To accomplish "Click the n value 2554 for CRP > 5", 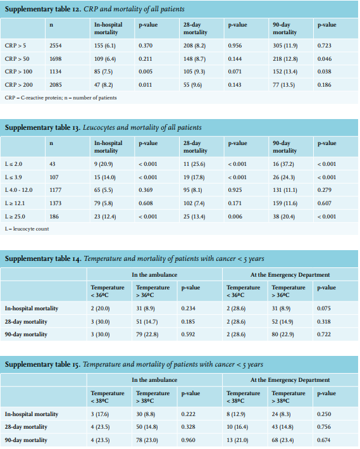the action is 55,46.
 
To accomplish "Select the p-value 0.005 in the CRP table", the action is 146,72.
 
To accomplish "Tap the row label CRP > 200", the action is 18,85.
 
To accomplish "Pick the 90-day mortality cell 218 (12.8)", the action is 285,59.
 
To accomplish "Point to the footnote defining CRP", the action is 61,98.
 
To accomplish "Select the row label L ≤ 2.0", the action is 13,164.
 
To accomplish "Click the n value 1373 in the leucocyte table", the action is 55,203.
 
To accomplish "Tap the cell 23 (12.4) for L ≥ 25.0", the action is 105,217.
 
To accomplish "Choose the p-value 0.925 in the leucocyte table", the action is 235,190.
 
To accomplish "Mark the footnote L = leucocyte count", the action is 27,229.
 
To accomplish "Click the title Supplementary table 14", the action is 43,259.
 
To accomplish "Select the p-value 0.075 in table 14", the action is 324,308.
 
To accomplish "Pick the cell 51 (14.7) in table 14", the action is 147,322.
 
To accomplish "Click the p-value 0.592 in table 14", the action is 188,334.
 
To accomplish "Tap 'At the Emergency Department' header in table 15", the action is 290,380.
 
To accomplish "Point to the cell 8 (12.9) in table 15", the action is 236,414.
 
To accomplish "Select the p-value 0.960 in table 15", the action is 188,440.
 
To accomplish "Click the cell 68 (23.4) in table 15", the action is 282,440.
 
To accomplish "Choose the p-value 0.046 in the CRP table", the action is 325,59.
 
